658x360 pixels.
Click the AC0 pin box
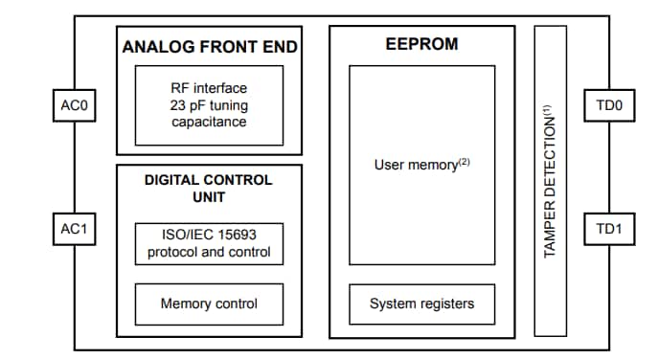[x=74, y=105]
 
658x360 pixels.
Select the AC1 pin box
[x=74, y=230]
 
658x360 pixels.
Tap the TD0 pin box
[x=608, y=105]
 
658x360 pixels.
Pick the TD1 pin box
[x=608, y=230]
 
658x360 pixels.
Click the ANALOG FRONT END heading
[x=209, y=46]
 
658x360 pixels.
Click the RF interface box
[x=209, y=104]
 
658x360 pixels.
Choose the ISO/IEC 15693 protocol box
[x=209, y=244]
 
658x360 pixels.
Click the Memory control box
[x=209, y=304]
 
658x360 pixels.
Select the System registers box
[x=421, y=304]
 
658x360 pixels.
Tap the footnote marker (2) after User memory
[x=464, y=161]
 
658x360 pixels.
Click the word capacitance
[x=209, y=122]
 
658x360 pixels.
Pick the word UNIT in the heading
[x=208, y=196]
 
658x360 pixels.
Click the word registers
[x=445, y=304]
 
